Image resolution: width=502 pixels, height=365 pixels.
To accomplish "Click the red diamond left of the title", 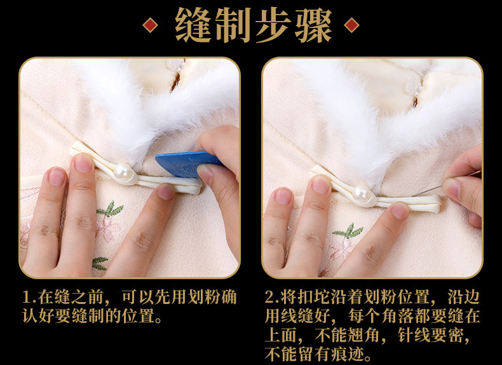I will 151,25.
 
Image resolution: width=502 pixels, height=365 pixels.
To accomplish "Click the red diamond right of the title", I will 351,25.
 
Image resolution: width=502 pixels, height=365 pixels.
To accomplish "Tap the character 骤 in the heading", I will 309,25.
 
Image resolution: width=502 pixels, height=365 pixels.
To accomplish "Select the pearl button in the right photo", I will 361,192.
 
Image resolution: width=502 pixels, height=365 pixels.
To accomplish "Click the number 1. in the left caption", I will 28,298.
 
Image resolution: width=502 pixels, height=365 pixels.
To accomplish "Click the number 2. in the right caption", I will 271,298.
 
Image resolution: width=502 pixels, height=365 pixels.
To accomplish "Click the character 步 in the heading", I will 271,25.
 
